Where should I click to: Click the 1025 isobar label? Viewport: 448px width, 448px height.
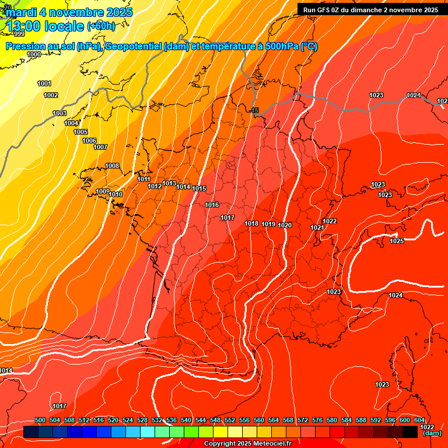pyautogui.click(x=397, y=241)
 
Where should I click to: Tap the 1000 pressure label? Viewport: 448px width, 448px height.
pyautogui.click(x=34, y=54)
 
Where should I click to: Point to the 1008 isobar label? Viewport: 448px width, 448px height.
pyautogui.click(x=112, y=166)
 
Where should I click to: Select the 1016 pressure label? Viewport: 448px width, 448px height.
pyautogui.click(x=212, y=205)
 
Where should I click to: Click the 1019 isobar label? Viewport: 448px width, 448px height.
pyautogui.click(x=268, y=224)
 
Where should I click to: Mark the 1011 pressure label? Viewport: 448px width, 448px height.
pyautogui.click(x=144, y=179)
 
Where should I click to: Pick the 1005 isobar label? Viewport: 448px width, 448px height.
pyautogui.click(x=80, y=132)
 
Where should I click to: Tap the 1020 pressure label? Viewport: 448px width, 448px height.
pyautogui.click(x=285, y=225)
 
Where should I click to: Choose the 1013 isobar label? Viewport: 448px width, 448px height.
pyautogui.click(x=169, y=183)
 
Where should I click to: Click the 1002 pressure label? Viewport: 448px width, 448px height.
pyautogui.click(x=51, y=95)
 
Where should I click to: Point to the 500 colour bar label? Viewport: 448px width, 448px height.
pyautogui.click(x=40, y=420)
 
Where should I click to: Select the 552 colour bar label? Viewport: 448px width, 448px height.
pyautogui.click(x=230, y=420)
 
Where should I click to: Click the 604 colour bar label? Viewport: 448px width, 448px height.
pyautogui.click(x=419, y=420)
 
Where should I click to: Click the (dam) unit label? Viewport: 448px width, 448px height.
pyautogui.click(x=432, y=433)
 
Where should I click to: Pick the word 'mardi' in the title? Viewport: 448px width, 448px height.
pyautogui.click(x=21, y=12)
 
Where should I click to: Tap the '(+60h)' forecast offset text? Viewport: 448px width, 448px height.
pyautogui.click(x=101, y=26)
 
